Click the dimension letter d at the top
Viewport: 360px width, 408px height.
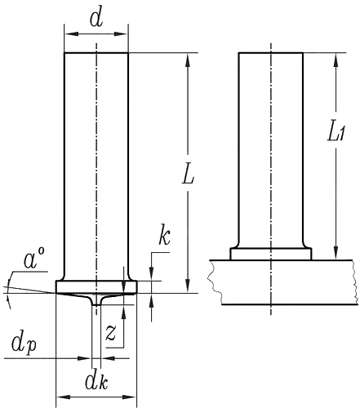click(x=96, y=20)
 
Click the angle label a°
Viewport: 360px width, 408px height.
click(x=34, y=261)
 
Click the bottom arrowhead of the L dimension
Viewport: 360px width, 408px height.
click(x=189, y=287)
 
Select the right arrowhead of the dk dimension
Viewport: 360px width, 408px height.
click(x=131, y=397)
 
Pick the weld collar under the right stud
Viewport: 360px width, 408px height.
click(x=270, y=254)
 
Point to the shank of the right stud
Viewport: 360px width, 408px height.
click(x=270, y=147)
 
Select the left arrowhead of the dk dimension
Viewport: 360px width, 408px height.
click(x=59, y=397)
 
